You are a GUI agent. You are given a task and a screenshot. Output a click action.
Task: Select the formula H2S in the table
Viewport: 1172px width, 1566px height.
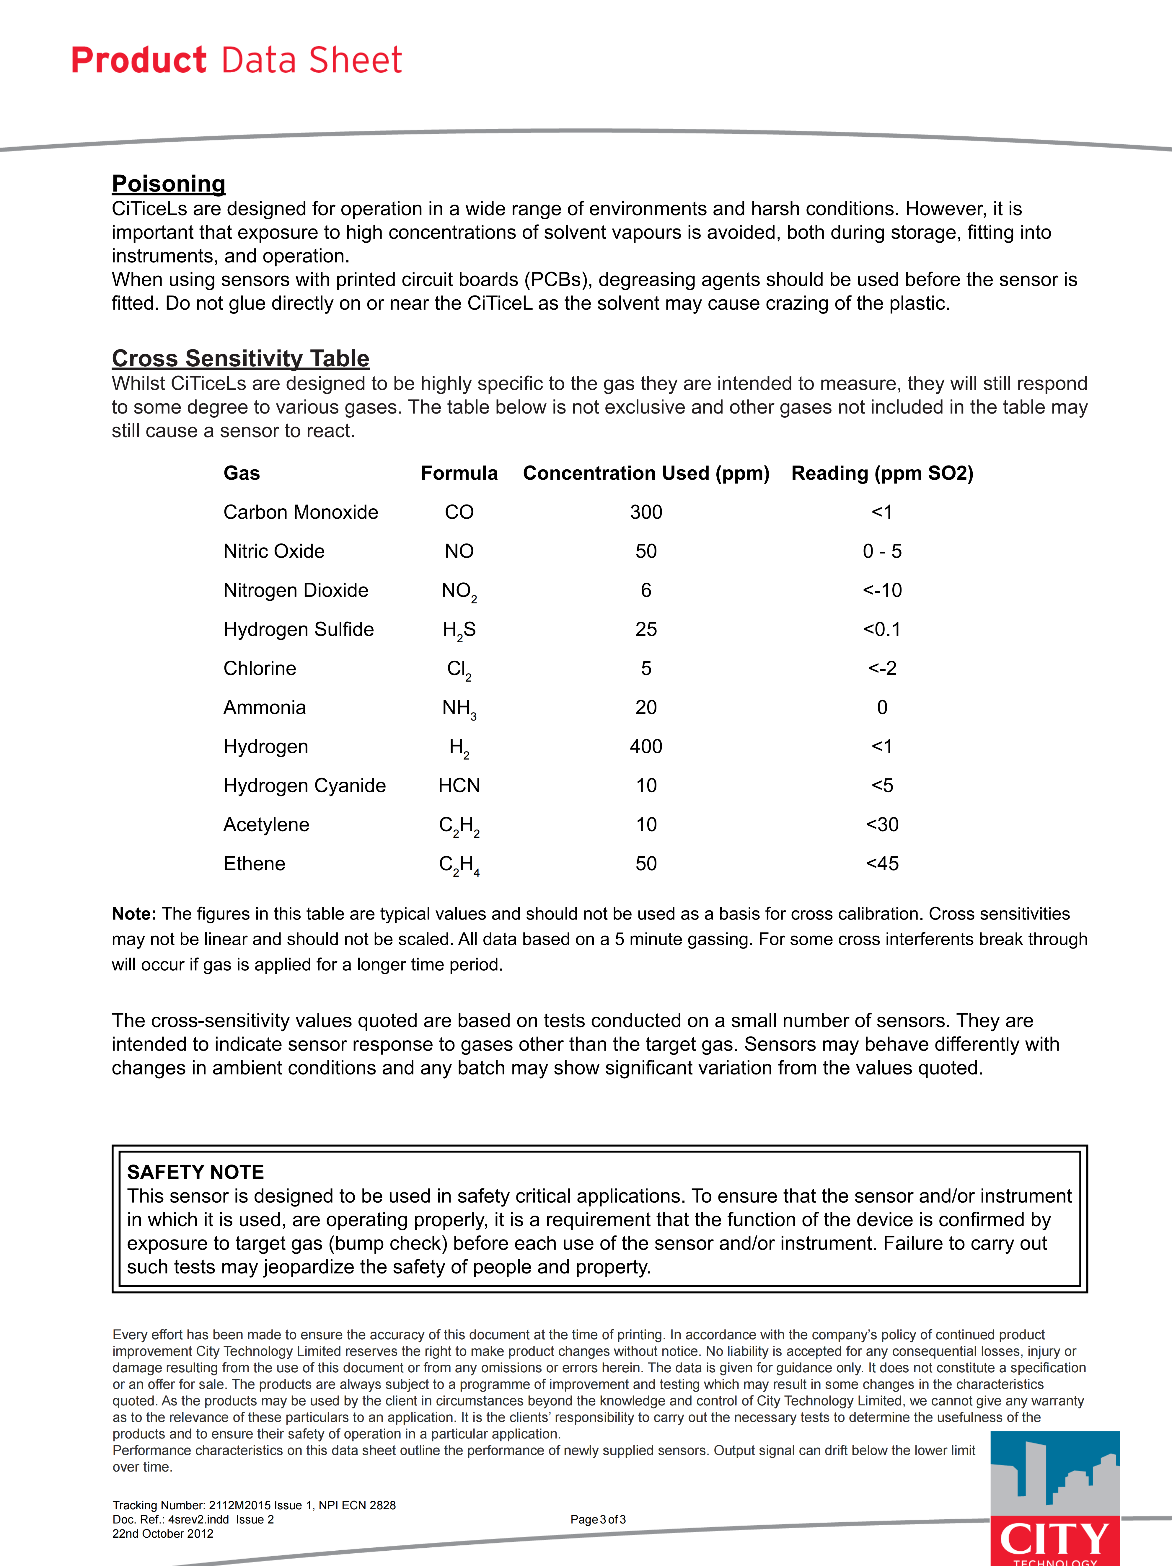click(459, 630)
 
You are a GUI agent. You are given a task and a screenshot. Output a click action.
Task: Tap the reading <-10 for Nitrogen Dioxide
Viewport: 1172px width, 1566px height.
click(882, 590)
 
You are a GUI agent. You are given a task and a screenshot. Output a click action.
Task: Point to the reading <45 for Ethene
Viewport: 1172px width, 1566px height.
click(882, 864)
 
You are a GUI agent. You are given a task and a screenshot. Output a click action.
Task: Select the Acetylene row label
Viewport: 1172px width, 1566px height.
click(266, 825)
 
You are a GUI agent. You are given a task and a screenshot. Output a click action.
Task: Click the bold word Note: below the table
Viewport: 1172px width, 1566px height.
click(134, 914)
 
